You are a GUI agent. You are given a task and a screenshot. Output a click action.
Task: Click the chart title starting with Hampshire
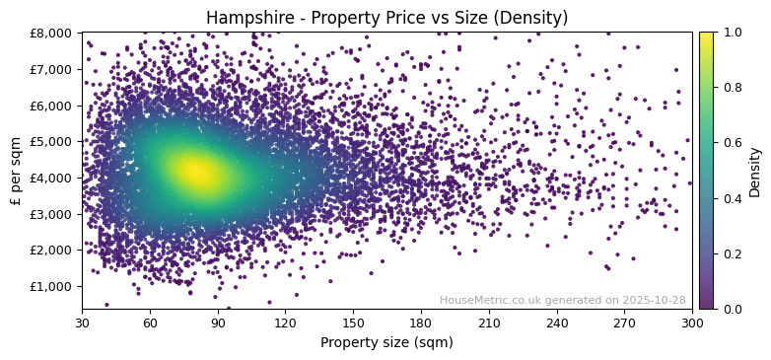pyautogui.click(x=386, y=18)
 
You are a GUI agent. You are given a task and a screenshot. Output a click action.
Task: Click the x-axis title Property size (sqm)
pyautogui.click(x=386, y=342)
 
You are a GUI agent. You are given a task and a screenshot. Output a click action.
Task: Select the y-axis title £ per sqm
pyautogui.click(x=16, y=171)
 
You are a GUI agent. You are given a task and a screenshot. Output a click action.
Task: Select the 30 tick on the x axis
pyautogui.click(x=82, y=323)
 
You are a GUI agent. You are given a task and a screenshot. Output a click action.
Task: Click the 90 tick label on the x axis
pyautogui.click(x=218, y=323)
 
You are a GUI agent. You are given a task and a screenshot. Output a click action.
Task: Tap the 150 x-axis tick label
pyautogui.click(x=353, y=323)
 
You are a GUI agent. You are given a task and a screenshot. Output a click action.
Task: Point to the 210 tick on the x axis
pyautogui.click(x=489, y=323)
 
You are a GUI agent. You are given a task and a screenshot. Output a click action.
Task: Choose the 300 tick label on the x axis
pyautogui.click(x=692, y=323)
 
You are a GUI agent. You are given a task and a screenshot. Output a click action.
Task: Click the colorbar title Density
pyautogui.click(x=755, y=171)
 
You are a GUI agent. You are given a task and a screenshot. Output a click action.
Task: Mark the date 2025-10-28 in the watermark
pyautogui.click(x=652, y=300)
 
